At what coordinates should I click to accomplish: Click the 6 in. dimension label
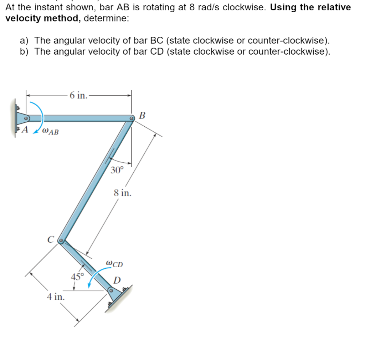78,95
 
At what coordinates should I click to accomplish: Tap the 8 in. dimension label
123,193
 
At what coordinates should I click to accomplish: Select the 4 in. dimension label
56,296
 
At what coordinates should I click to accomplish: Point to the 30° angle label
117,170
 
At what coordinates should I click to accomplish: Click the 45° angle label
77,277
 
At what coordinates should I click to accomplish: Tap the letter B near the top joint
142,115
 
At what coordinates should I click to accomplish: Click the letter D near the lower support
117,280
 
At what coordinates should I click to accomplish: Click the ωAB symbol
50,132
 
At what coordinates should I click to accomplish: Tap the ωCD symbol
114,264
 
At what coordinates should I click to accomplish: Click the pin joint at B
131,118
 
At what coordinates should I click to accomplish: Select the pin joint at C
61,241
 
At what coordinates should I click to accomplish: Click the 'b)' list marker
25,51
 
